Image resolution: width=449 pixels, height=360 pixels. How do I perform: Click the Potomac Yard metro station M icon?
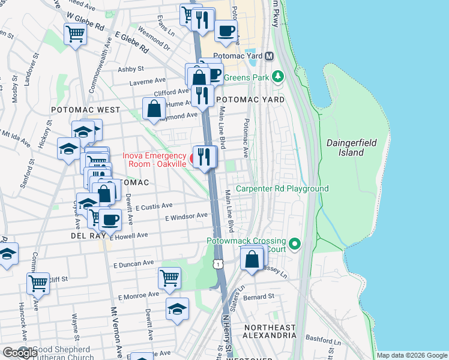[x=270, y=56]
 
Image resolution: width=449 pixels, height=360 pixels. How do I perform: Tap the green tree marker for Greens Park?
[x=277, y=76]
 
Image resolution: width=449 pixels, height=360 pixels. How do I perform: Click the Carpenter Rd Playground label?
[x=282, y=188]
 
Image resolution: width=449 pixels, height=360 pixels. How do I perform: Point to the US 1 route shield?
[x=218, y=264]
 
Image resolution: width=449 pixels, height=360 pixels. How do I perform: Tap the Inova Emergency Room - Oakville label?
[x=154, y=160]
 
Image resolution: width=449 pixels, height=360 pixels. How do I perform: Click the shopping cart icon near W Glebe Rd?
[x=76, y=34]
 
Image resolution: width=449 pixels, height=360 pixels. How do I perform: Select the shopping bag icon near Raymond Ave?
[x=154, y=109]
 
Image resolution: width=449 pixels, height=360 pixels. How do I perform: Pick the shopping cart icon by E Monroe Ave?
[x=170, y=278]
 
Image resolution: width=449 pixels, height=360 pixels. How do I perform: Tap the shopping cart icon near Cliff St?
[x=38, y=283]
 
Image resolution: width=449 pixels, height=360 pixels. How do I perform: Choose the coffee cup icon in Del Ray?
[x=110, y=220]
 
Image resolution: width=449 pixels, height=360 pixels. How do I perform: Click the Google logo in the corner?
[x=19, y=353]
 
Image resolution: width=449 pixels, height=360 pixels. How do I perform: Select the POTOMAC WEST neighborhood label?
[x=85, y=110]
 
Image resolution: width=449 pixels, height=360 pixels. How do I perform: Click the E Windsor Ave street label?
[x=186, y=216]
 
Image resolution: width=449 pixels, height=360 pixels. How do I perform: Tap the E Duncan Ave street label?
[x=133, y=263]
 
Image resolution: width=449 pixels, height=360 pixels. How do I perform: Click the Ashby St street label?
[x=131, y=69]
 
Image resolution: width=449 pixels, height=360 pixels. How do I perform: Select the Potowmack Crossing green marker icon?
[x=294, y=244]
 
